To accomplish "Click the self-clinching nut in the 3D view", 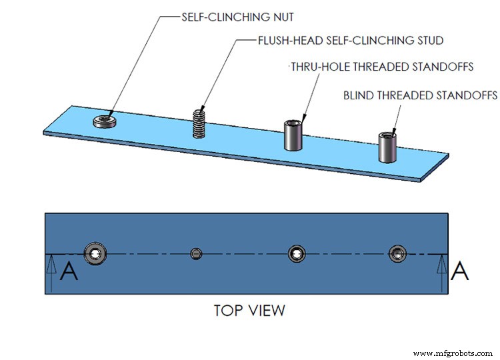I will (x=103, y=121).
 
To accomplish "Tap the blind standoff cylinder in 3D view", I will (x=387, y=147).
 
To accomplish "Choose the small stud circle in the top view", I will (x=196, y=253).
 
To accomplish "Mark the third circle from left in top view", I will (x=297, y=253).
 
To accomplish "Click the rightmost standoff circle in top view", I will (x=397, y=253).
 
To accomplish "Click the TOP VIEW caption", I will (x=249, y=311).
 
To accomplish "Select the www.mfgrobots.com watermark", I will (x=453, y=353).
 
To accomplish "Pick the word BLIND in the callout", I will (x=359, y=95).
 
